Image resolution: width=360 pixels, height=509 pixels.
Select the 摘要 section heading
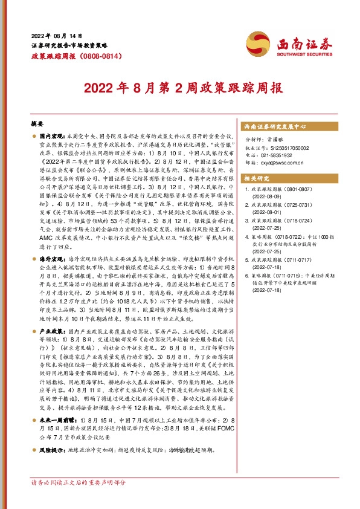38,123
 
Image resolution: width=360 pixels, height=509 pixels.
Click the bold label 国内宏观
52,138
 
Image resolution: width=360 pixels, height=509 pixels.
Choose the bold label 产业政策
52,331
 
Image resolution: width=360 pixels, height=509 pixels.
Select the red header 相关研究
256,178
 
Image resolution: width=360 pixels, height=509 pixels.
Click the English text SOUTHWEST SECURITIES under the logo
305,53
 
